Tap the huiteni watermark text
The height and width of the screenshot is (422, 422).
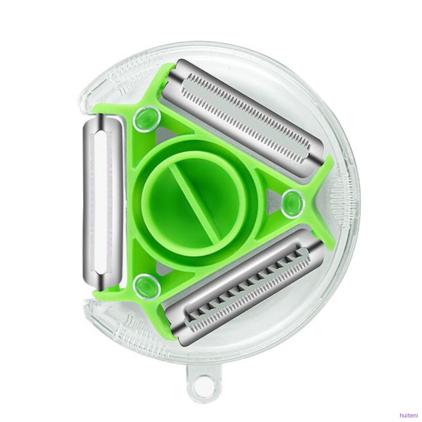tap(408, 416)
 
